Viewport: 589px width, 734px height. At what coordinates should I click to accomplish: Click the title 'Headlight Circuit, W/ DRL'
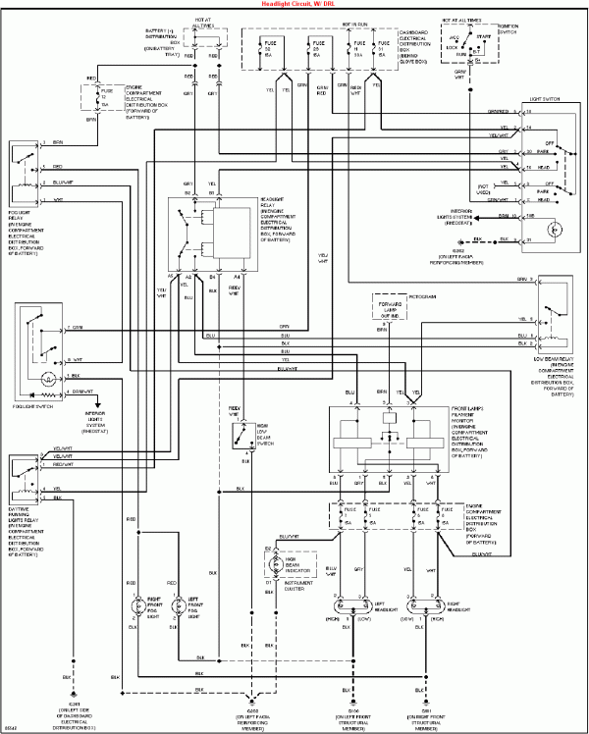pos(294,5)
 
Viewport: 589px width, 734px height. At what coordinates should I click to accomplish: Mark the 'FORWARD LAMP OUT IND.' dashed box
pos(392,312)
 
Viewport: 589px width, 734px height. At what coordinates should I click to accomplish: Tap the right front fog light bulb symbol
pos(138,634)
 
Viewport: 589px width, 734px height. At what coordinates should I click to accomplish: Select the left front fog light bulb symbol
pos(178,634)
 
